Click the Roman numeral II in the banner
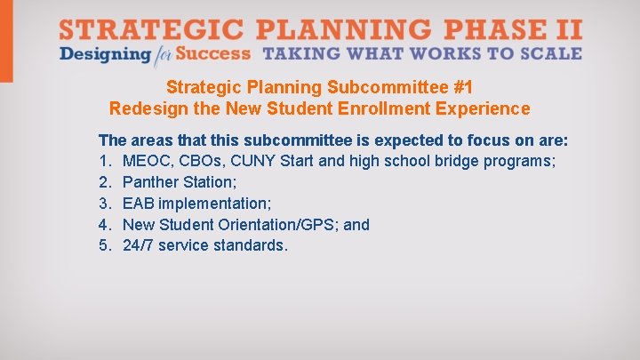(568, 28)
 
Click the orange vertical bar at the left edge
(6, 41)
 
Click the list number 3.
(104, 204)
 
